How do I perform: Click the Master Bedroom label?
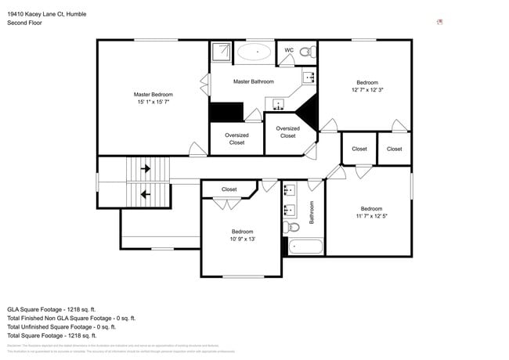[x=153, y=95]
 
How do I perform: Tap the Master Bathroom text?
[x=253, y=81]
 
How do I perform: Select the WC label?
[x=289, y=50]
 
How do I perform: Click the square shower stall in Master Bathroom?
[x=220, y=52]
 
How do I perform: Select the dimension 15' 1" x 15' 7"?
[x=153, y=102]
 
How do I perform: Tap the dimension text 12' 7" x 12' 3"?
[x=366, y=90]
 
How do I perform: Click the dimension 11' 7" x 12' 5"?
[x=371, y=215]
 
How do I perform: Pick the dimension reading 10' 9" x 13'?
[x=242, y=239]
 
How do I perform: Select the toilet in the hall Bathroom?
[x=292, y=228]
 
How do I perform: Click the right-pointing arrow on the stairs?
[x=143, y=167]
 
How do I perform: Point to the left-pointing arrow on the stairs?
[x=143, y=194]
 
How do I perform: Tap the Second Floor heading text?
[x=25, y=23]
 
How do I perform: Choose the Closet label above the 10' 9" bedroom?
[x=229, y=189]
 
